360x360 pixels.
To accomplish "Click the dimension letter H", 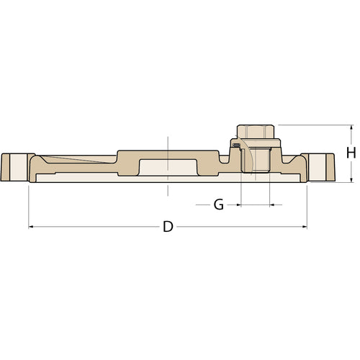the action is pos(351,153).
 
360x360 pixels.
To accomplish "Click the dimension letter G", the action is pos(219,204).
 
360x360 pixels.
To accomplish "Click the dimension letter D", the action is pos(168,227).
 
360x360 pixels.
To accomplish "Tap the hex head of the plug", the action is pos(256,131).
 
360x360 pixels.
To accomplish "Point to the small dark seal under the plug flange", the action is pos(237,145).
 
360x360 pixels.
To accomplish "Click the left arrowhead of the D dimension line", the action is pos(31,227).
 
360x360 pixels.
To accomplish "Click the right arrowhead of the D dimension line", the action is pos(305,227).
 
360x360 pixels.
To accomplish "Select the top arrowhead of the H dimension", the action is pos(351,127).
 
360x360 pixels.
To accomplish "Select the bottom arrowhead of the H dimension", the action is pos(351,180).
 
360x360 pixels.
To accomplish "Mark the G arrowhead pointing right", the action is pos(238,204).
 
